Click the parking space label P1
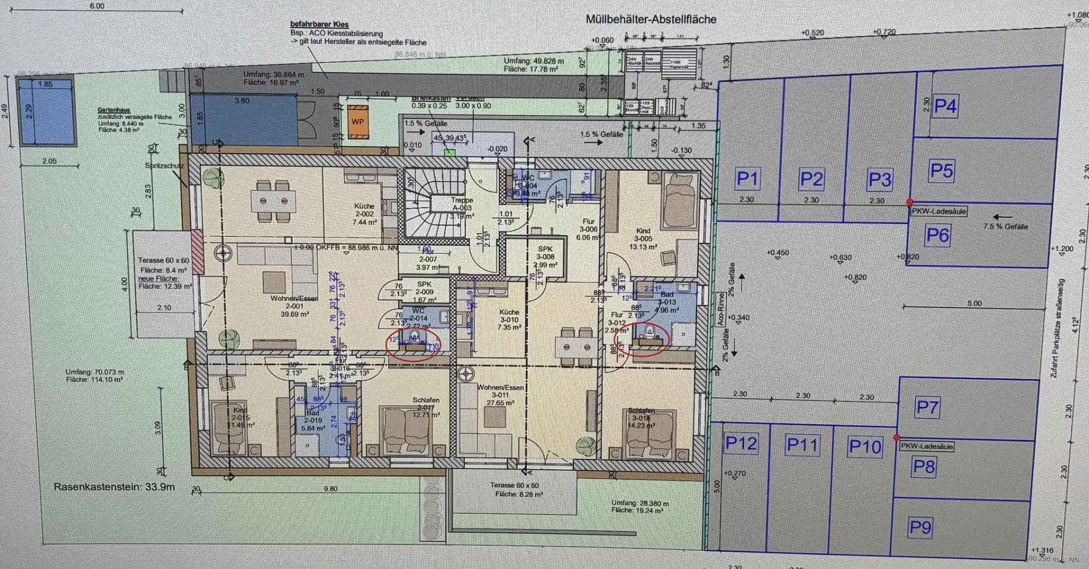click(747, 179)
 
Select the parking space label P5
click(941, 171)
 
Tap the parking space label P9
click(920, 527)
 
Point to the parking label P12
click(741, 444)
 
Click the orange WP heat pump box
click(358, 121)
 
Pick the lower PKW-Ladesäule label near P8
click(927, 446)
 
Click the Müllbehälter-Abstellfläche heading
click(650, 19)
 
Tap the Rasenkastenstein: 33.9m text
click(114, 487)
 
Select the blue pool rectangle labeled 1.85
click(46, 111)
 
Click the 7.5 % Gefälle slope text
click(1006, 226)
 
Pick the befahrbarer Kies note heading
click(319, 25)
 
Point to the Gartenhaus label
click(114, 110)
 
